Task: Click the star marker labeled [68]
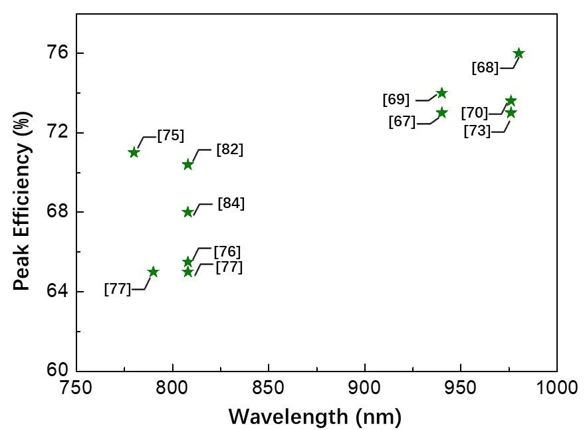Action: pyautogui.click(x=519, y=53)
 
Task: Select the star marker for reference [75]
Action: pyautogui.click(x=134, y=152)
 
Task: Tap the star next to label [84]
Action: pyautogui.click(x=187, y=212)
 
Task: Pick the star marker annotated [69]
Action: pyautogui.click(x=441, y=93)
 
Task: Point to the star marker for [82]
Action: pyautogui.click(x=187, y=164)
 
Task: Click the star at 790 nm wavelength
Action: pyautogui.click(x=153, y=272)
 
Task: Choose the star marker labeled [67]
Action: pyautogui.click(x=442, y=113)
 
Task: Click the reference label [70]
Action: pyautogui.click(x=474, y=113)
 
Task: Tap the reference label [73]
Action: pyautogui.click(x=477, y=131)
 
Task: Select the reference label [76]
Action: pyautogui.click(x=227, y=252)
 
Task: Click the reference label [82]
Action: pyautogui.click(x=230, y=150)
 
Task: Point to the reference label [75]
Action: pyautogui.click(x=171, y=136)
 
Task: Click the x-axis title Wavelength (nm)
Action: pyautogui.click(x=315, y=417)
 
